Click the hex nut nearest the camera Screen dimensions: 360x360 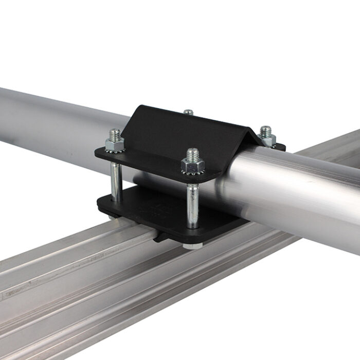(192, 166)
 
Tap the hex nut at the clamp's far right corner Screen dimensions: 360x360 (266, 139)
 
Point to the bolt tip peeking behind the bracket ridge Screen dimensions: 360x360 (189, 112)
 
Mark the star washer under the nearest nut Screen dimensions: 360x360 (193, 174)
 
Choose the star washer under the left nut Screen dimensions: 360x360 (114, 151)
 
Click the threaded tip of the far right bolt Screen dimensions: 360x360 (265, 131)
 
